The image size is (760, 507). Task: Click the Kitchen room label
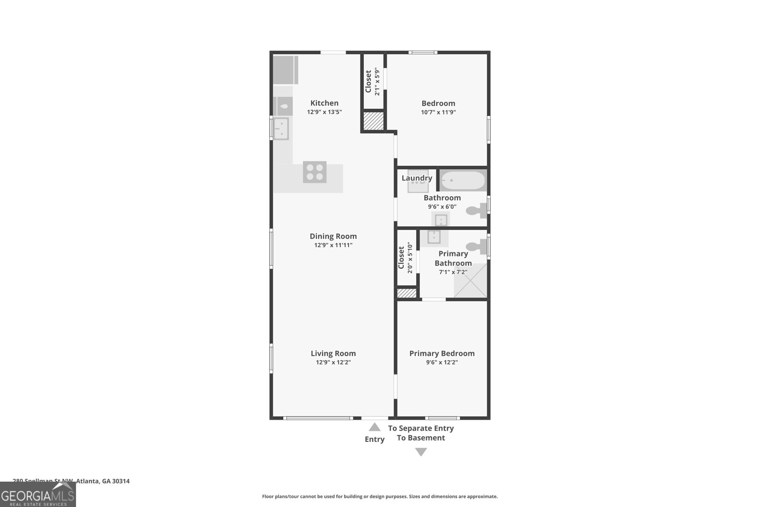[x=324, y=103]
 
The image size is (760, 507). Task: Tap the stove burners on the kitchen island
[x=315, y=172]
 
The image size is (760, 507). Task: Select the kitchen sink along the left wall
[x=281, y=129]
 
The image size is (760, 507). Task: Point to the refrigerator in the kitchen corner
[x=285, y=70]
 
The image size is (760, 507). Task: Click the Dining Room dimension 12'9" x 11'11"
[x=333, y=245]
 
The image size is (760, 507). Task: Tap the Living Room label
[x=333, y=353]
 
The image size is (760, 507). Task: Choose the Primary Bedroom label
[x=442, y=353]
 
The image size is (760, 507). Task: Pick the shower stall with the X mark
[x=470, y=280]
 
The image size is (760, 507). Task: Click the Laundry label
[x=417, y=178]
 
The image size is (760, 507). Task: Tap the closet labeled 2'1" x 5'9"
[x=372, y=82]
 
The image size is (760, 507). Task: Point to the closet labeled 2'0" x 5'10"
[x=405, y=257]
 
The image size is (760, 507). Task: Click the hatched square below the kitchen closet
[x=373, y=121]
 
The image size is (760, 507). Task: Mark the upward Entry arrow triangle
[x=374, y=427]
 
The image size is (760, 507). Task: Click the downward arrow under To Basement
[x=421, y=452]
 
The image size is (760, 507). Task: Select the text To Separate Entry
[x=421, y=428]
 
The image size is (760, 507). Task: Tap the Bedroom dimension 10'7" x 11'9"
[x=438, y=113]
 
